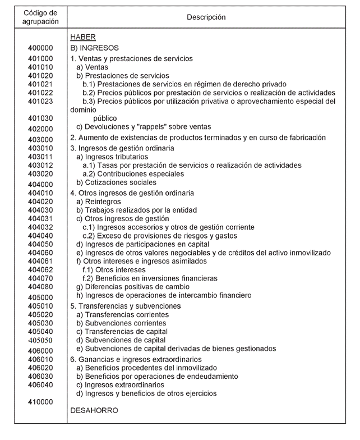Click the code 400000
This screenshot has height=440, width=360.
40,48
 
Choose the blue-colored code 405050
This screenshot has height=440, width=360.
40,340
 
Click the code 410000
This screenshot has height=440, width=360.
40,402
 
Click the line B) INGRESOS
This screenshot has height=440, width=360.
94,48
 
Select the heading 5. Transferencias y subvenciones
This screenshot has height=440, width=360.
126,306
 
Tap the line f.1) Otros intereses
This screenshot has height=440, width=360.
106,270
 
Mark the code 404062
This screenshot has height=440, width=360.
40,270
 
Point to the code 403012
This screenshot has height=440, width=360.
40,166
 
